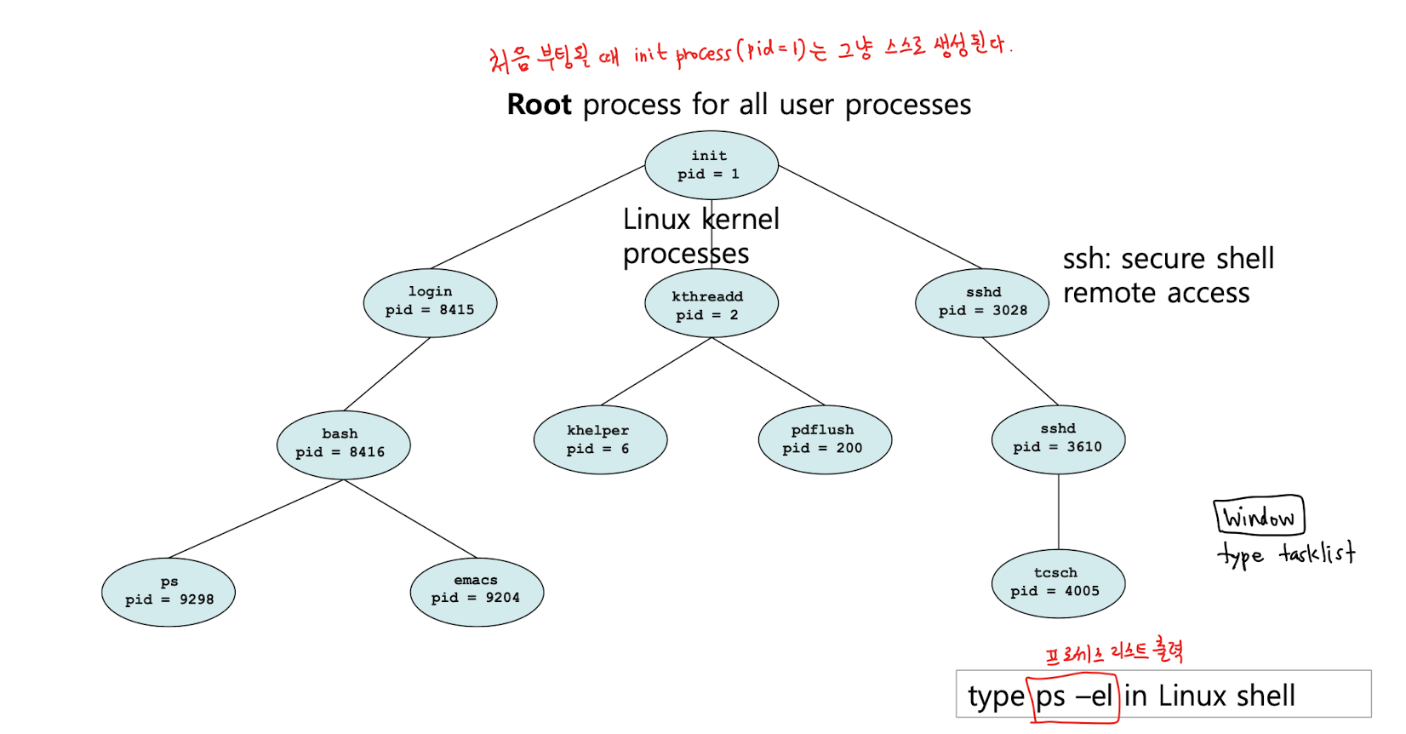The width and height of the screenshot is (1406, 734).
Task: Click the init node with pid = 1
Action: point(711,165)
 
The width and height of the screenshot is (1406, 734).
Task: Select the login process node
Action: point(430,302)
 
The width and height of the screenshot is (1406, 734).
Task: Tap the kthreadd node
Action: point(711,304)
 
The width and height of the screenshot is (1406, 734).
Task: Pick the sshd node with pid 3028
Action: point(981,302)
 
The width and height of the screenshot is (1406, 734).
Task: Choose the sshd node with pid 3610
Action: point(1058,439)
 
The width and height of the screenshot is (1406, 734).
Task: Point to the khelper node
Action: point(600,439)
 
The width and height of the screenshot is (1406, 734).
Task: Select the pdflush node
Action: point(824,439)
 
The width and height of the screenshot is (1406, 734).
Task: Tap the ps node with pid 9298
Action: point(168,592)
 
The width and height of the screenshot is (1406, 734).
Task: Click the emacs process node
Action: point(476,591)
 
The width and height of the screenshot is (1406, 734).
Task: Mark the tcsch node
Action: point(1058,583)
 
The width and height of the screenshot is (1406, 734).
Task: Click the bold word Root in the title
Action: point(539,105)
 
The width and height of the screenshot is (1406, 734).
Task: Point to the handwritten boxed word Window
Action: point(1258,516)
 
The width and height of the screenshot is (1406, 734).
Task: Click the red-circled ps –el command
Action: point(1073,697)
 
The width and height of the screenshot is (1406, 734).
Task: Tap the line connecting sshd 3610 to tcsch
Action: point(1059,511)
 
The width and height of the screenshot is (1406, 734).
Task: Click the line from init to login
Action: point(536,217)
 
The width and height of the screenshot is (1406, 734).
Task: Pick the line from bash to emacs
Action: point(409,519)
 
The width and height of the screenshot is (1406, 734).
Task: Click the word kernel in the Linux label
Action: point(740,220)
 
